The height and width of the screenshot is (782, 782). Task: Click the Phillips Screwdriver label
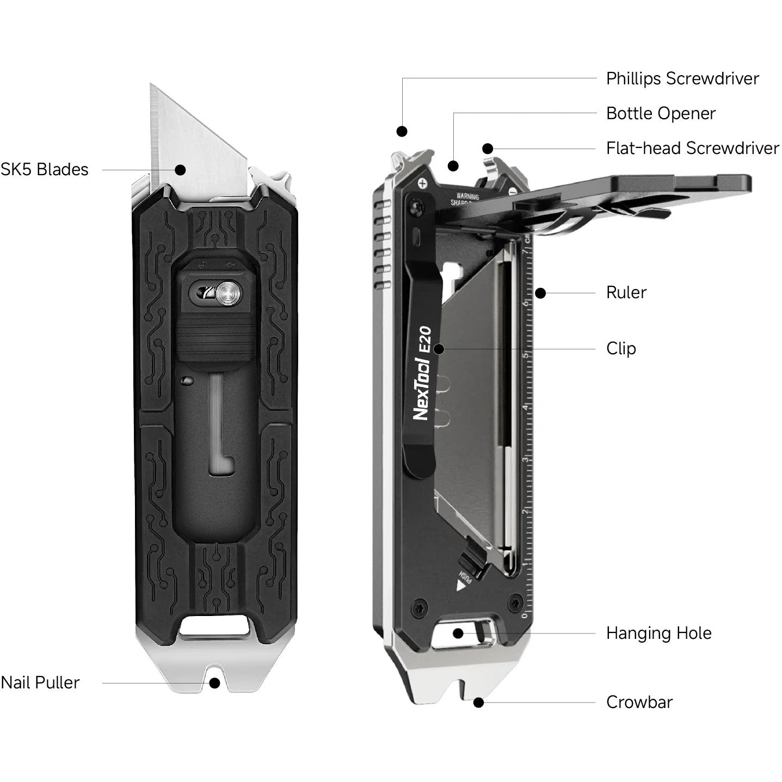682,78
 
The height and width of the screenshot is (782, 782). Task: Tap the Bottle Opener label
661,113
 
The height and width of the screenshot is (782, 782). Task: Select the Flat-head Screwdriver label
692,148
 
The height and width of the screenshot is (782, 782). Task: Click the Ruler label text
626,292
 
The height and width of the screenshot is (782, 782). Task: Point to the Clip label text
621,348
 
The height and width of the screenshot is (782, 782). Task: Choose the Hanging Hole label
658,633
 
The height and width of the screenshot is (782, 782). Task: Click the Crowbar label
639,702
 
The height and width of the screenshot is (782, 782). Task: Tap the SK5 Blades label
45,169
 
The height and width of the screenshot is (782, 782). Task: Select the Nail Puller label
40,682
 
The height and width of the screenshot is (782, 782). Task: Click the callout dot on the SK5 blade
181,169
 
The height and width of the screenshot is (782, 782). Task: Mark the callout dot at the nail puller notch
215,682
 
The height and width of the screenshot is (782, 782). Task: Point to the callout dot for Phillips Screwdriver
402,131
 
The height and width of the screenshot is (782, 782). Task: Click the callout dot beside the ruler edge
540,293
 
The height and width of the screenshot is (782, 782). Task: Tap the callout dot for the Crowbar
478,703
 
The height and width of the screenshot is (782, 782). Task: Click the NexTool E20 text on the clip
423,373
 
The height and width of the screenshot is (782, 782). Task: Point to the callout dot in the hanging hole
458,633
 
